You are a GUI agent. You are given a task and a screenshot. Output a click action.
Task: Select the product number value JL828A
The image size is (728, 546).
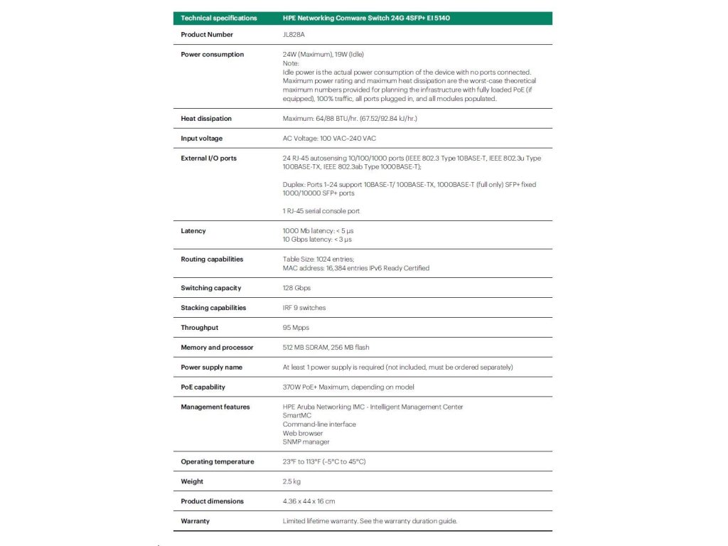[x=294, y=35]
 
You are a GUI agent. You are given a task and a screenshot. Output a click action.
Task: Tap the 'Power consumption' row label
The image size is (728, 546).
[x=213, y=55]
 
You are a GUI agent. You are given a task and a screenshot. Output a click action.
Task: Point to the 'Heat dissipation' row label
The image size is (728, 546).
[x=206, y=119]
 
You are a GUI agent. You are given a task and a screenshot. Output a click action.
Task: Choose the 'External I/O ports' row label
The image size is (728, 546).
[x=209, y=159]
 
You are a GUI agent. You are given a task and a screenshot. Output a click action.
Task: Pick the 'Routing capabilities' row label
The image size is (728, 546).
[x=212, y=259]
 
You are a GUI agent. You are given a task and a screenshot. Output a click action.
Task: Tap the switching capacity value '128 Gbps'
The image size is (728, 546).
[x=297, y=288]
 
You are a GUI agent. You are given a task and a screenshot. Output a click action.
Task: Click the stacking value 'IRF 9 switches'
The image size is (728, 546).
[x=304, y=308]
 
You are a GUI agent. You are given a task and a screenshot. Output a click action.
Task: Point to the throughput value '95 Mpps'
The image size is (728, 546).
[x=296, y=328]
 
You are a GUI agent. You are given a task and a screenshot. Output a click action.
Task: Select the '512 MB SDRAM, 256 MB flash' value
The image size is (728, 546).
[x=326, y=348]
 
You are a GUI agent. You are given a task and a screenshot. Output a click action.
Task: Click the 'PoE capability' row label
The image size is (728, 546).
[x=203, y=387]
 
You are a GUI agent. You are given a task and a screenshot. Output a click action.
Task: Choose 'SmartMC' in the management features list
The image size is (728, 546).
[x=297, y=416]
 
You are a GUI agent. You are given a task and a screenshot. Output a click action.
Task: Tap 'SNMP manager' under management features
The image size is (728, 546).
[x=306, y=441]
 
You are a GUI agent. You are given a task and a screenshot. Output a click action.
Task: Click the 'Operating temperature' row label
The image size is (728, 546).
[x=218, y=462]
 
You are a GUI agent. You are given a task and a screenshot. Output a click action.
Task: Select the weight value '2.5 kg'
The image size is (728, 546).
[x=291, y=482]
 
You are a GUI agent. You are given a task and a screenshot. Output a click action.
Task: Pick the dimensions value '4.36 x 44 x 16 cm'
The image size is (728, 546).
[x=309, y=501]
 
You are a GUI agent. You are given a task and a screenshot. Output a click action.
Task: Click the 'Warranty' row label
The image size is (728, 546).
[x=196, y=521]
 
